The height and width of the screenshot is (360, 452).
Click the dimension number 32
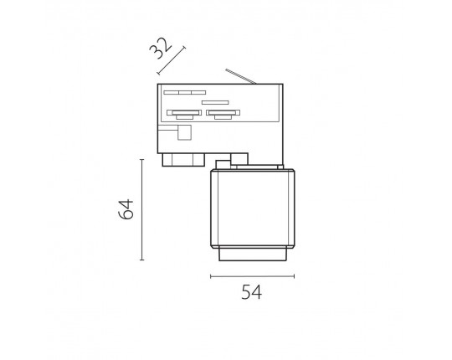[x=160, y=48]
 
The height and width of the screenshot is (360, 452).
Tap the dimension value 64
[x=126, y=209]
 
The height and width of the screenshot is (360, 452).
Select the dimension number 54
[x=252, y=292]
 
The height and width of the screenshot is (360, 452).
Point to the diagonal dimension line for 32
[x=172, y=60]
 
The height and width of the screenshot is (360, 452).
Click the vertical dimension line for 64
[x=141, y=209]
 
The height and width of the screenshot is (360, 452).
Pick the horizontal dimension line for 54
[x=252, y=276]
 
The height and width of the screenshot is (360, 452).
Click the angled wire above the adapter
[x=241, y=77]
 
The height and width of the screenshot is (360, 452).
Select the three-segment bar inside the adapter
[x=185, y=93]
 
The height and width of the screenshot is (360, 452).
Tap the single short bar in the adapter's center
[x=215, y=102]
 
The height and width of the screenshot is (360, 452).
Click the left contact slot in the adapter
[x=184, y=114]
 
